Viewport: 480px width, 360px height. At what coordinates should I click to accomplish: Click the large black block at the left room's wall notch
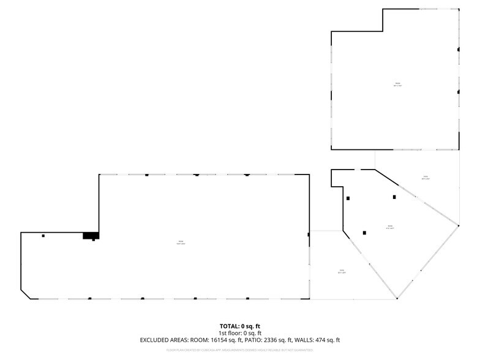coord(91,235)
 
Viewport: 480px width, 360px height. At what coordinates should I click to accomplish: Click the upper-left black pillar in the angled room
coord(348,198)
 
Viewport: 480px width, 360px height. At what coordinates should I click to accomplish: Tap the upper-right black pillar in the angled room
coord(394,197)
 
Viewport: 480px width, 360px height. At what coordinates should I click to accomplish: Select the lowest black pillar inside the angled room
coord(365,233)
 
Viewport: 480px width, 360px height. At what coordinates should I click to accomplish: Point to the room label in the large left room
coord(181,242)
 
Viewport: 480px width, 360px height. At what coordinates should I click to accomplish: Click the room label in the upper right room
coord(397,84)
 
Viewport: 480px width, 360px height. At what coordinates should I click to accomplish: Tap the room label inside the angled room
coord(389,228)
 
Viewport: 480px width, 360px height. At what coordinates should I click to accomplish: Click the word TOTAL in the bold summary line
coord(230,326)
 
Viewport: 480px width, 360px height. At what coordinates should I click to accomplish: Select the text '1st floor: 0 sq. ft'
coord(240,332)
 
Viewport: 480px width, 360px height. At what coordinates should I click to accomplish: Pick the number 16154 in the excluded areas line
coord(219,340)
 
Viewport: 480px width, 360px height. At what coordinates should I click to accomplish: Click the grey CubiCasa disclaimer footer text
coord(240,350)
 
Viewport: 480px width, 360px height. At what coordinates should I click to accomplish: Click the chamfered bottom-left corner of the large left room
coord(26,294)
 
